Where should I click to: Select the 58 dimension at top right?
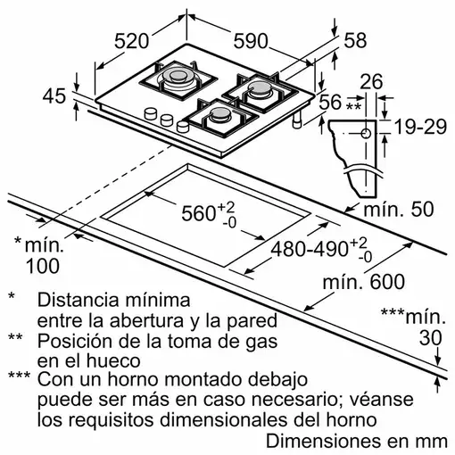point(355,39)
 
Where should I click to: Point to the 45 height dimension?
point(55,97)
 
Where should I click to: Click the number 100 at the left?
point(42,265)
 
